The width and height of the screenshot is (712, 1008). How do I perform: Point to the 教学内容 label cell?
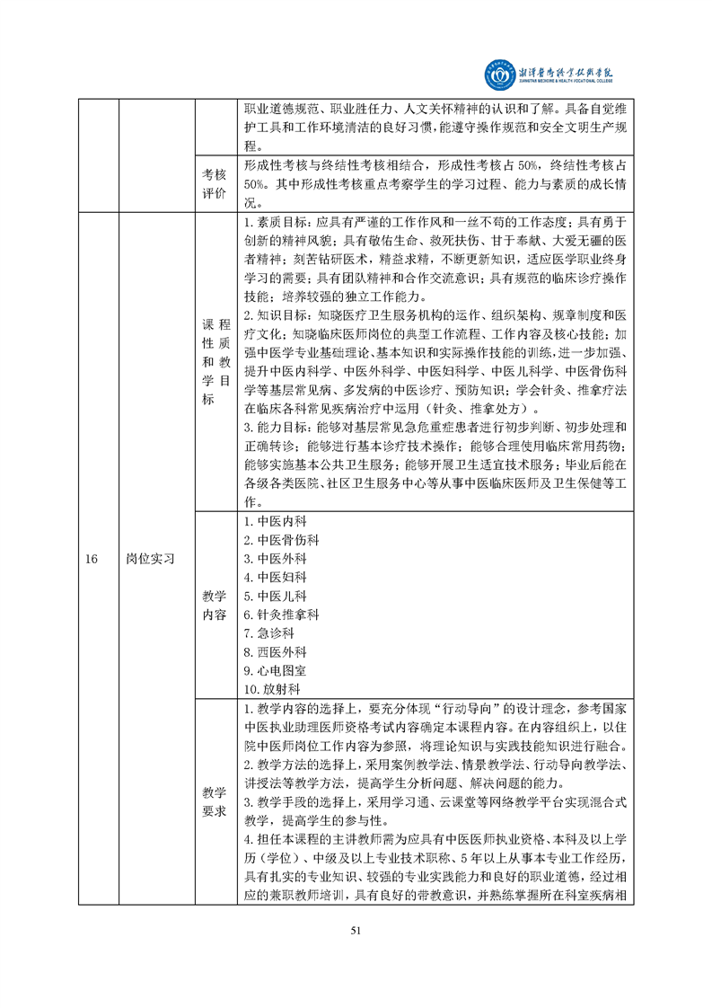tap(214, 605)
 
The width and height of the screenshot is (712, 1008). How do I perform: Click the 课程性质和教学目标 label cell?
tap(214, 362)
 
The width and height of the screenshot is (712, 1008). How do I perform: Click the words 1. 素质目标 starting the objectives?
tap(275, 222)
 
